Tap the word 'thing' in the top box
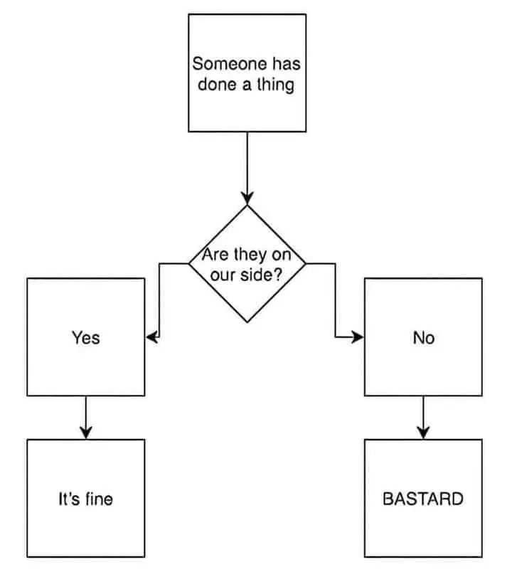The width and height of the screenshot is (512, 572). [x=276, y=85]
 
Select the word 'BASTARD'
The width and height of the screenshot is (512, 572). [x=422, y=498]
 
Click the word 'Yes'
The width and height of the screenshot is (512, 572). [x=85, y=338]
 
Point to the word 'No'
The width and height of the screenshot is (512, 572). [x=423, y=338]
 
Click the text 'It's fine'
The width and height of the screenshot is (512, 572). [x=85, y=499]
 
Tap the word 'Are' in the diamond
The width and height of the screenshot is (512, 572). [x=214, y=255]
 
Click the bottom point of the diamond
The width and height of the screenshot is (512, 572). [x=247, y=322]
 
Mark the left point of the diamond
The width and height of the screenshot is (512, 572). [x=189, y=263]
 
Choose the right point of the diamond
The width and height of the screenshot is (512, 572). [x=305, y=263]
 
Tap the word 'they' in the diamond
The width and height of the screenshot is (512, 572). [x=248, y=255]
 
